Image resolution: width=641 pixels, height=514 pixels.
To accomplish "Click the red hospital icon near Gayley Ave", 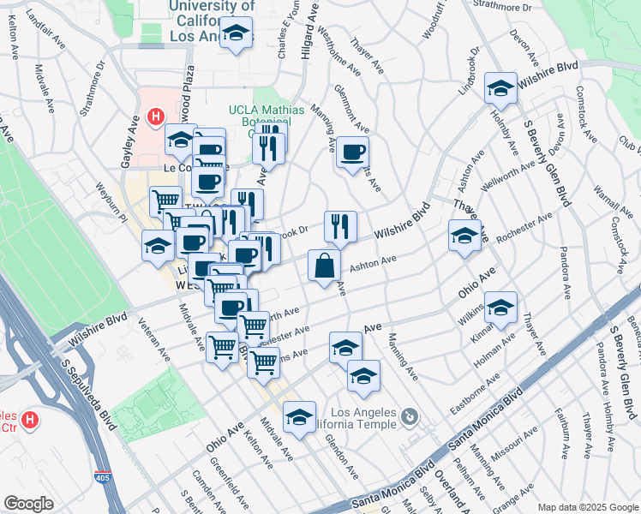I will click(x=155, y=116).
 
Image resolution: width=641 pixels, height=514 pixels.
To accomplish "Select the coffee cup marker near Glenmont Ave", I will click(x=352, y=153).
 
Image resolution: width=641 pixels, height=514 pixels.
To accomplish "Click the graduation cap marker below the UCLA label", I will click(x=235, y=35).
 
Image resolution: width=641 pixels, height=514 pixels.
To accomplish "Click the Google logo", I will click(x=28, y=504).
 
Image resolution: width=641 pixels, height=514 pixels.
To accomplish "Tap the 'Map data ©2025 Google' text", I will click(x=587, y=507).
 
